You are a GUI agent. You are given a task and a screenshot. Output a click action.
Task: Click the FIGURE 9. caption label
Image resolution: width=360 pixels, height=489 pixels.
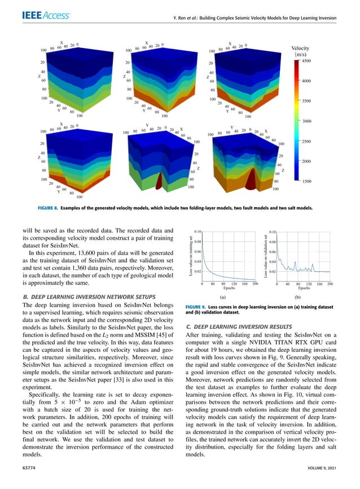click(x=200, y=306)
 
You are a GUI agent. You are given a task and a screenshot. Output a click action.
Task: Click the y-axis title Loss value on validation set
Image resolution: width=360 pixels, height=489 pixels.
click(x=266, y=257)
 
